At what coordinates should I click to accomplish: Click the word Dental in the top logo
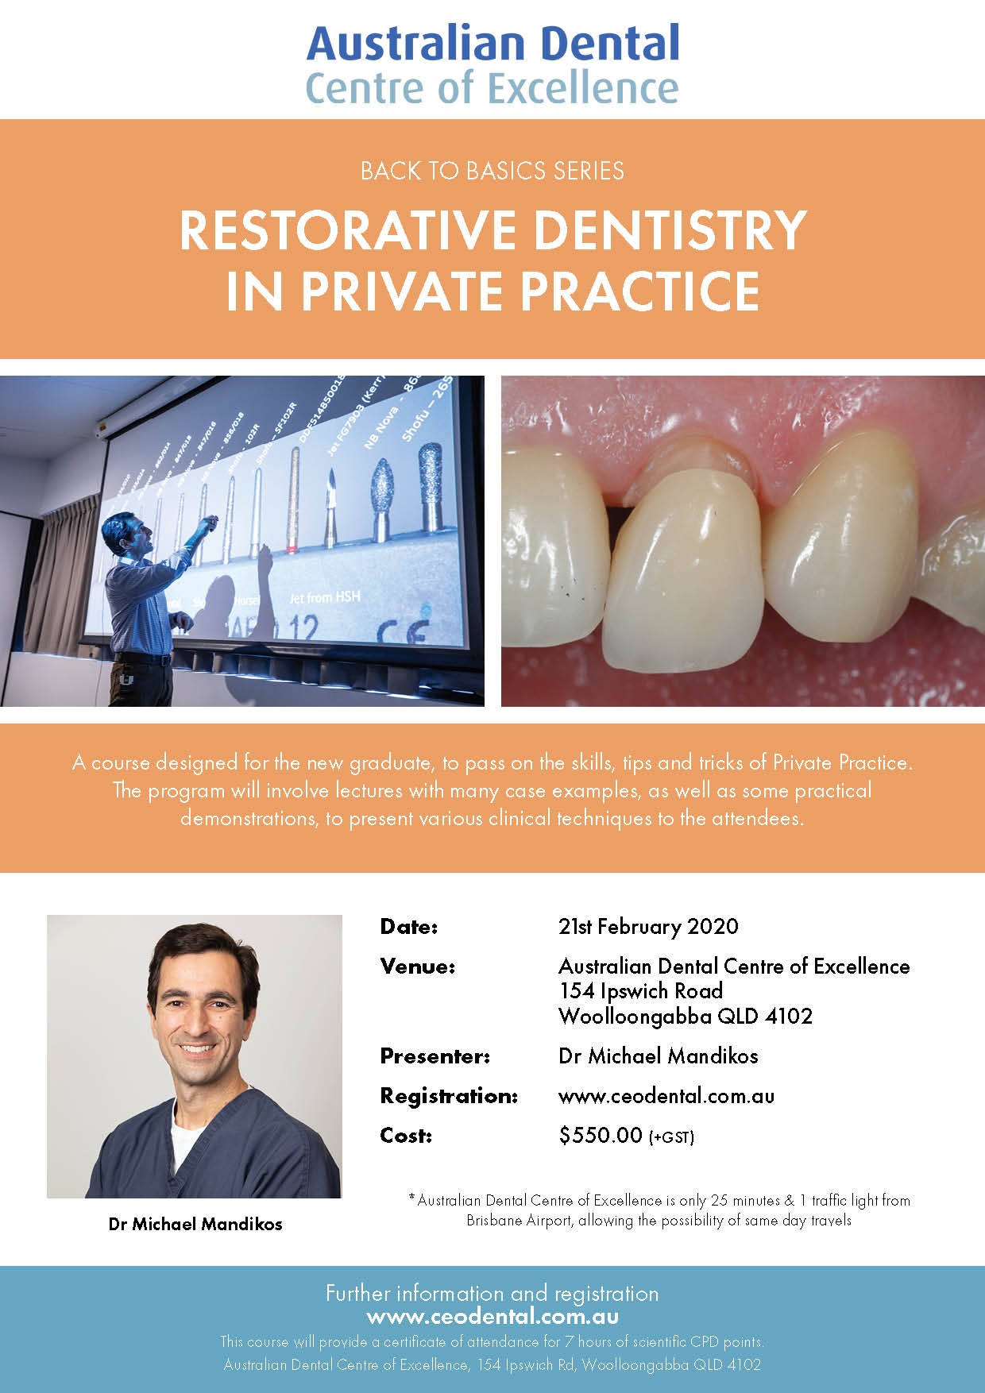601,43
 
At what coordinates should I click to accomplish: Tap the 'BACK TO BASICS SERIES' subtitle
492,171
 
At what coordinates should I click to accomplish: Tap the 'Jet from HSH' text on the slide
324,597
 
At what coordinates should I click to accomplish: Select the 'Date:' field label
409,927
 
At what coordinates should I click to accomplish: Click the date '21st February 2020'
648,927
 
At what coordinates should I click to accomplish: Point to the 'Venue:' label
418,967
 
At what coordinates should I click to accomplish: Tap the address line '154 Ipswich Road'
640,991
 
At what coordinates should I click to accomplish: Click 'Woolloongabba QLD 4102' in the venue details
686,1017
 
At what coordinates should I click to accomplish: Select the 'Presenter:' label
435,1056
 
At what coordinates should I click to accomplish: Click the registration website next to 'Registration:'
666,1097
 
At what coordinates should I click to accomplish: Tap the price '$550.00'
601,1136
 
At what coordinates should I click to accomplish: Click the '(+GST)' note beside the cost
672,1138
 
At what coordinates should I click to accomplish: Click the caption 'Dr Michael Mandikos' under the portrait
195,1224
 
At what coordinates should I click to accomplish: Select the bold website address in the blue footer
492,1316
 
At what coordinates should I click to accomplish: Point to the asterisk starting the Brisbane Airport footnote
412,1197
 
